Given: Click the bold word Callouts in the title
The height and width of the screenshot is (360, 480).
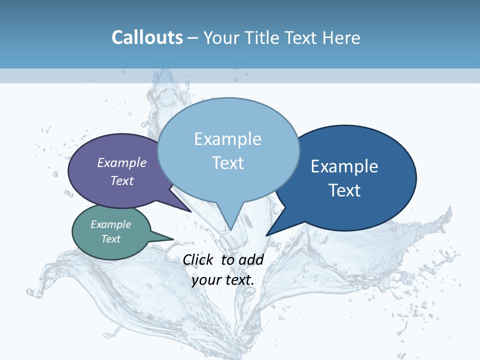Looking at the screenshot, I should click(x=147, y=37).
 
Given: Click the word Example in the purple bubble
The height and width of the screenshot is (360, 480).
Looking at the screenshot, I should click(x=122, y=162).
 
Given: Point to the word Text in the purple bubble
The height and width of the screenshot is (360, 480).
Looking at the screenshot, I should click(x=122, y=180).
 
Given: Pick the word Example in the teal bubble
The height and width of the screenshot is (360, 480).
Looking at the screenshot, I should click(x=110, y=224).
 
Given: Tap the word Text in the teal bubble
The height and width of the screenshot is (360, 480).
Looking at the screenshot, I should click(x=111, y=239).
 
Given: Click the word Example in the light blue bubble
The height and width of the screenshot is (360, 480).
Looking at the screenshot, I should click(x=227, y=138).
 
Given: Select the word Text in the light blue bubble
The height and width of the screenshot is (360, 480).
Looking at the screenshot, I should click(x=228, y=162).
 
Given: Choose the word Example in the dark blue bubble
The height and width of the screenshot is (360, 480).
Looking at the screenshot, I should click(x=344, y=166).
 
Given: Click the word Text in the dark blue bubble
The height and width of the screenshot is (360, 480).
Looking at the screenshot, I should click(x=344, y=190).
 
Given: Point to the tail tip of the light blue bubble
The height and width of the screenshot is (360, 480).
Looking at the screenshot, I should click(x=230, y=229).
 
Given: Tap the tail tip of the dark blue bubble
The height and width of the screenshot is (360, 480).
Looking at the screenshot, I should click(x=267, y=234).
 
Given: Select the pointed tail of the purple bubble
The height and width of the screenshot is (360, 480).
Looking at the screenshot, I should click(x=190, y=210).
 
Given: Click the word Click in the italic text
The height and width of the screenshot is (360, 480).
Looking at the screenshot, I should click(x=199, y=259).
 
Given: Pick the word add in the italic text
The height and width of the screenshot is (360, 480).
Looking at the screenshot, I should click(x=251, y=259).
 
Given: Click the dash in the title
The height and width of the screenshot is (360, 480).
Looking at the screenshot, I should click(x=193, y=38).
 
